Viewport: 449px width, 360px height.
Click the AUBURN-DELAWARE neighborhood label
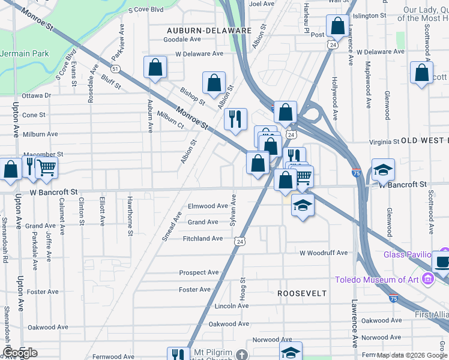tap(209, 29)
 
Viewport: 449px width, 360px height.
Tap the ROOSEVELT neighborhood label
tap(302, 293)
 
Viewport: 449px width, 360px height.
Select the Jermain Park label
tap(24, 53)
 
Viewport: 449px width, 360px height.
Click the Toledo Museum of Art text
tap(378, 280)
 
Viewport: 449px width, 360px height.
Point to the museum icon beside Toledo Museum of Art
tap(427, 279)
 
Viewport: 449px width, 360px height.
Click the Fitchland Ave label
tap(202, 238)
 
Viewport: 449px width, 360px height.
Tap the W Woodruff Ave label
tap(324, 253)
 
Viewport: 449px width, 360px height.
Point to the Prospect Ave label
tap(199, 272)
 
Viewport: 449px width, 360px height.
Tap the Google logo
tap(20, 353)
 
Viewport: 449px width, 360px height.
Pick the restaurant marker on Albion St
tap(235, 118)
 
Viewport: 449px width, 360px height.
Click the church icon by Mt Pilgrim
tap(241, 355)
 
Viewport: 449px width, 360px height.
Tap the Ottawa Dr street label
tap(37, 95)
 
